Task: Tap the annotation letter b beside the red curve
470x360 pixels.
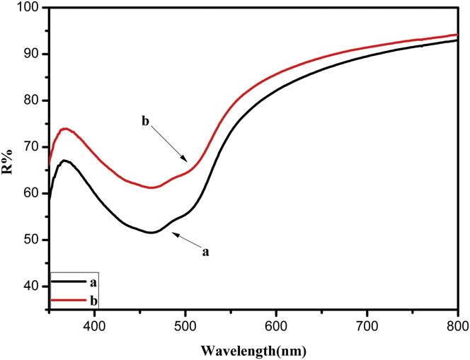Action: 146,121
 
